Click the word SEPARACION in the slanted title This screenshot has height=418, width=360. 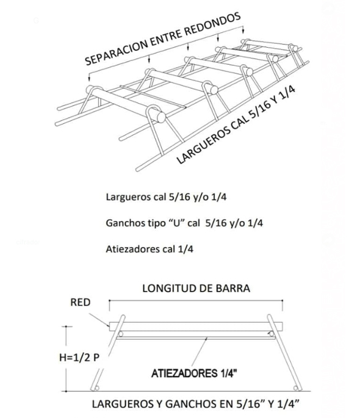click(115, 52)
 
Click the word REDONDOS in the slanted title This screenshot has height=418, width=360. click(212, 24)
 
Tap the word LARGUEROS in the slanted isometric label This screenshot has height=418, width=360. click(203, 145)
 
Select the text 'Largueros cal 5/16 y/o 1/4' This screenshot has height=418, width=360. click(166, 197)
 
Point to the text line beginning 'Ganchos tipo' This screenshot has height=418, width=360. click(184, 223)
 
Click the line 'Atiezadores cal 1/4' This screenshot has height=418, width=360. click(149, 249)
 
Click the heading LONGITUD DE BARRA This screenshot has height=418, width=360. click(196, 289)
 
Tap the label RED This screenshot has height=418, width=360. click(80, 302)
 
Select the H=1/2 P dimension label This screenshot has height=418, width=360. click(79, 357)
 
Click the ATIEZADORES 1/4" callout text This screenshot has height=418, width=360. click(194, 373)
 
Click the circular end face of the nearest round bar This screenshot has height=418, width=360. click(162, 117)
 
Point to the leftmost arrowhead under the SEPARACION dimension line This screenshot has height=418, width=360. click(89, 79)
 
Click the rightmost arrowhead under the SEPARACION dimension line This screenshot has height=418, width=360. click(243, 32)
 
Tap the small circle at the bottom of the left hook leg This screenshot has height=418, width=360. click(97, 388)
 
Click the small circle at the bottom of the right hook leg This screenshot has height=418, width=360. click(295, 388)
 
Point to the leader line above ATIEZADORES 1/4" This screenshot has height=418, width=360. click(200, 351)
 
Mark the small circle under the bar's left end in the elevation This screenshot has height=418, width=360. click(120, 334)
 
